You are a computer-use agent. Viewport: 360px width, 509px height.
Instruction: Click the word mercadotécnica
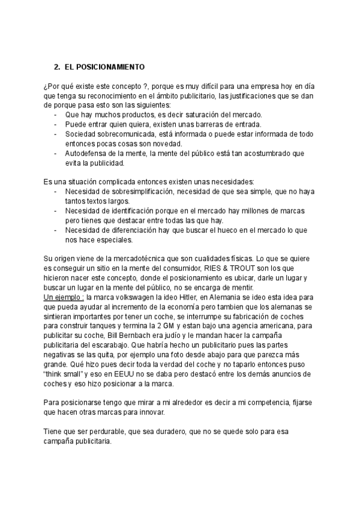(122, 259)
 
